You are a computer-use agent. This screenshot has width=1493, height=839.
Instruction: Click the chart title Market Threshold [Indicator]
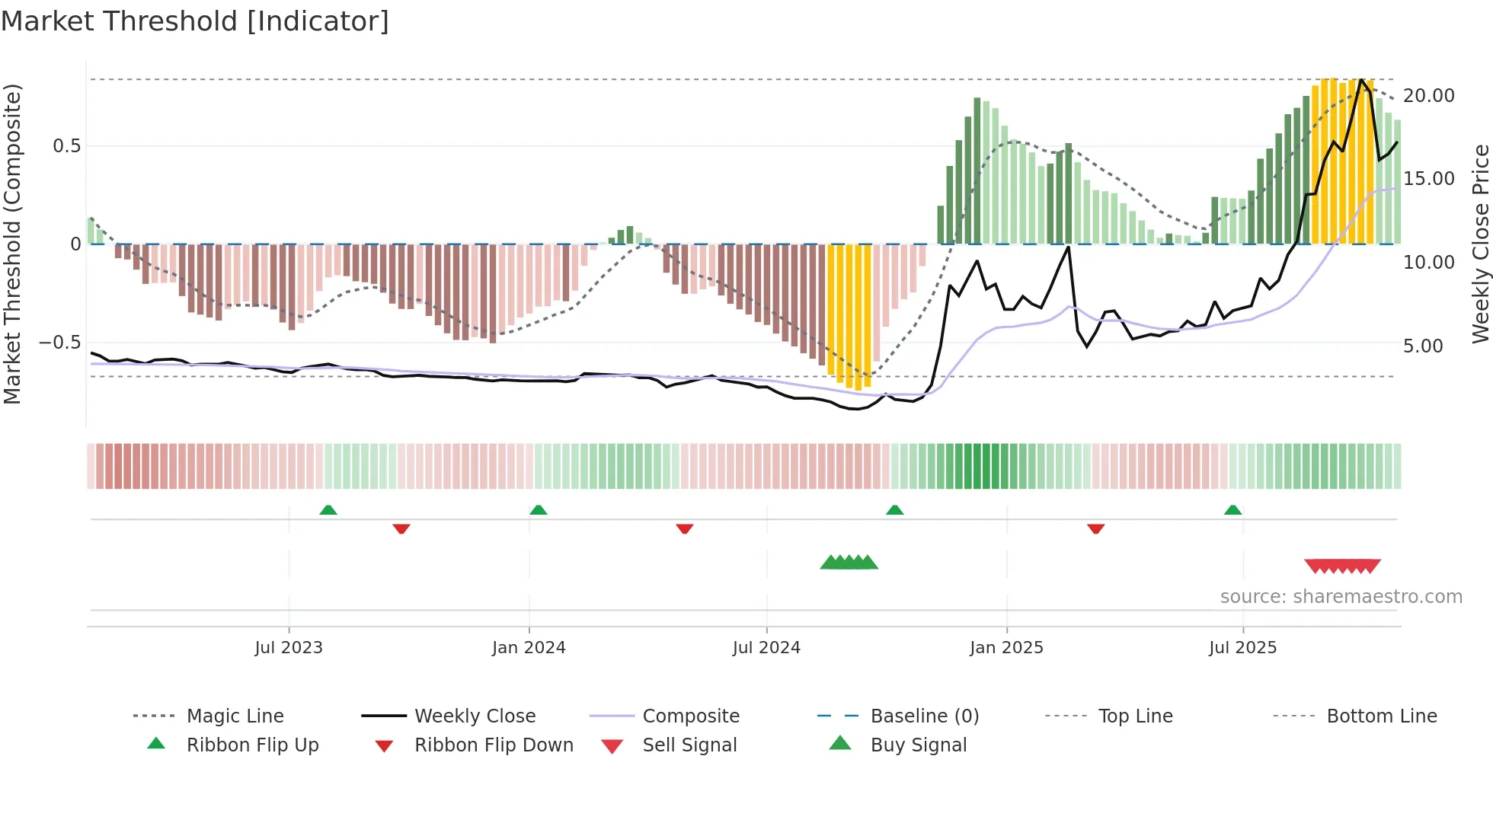(x=195, y=21)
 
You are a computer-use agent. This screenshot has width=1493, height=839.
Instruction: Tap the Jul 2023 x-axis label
(x=289, y=648)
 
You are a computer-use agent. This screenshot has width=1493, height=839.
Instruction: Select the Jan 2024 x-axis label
(x=529, y=648)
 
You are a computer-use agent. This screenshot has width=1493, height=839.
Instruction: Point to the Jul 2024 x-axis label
(x=766, y=648)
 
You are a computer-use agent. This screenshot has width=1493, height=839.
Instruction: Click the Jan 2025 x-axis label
(x=1006, y=648)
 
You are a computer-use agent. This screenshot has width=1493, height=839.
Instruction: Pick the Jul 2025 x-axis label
(x=1242, y=648)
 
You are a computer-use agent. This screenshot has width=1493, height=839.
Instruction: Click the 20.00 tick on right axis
(x=1428, y=96)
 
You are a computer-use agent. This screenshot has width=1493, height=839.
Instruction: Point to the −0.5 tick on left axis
(x=59, y=343)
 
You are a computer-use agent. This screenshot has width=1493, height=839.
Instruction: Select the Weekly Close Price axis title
(x=1480, y=244)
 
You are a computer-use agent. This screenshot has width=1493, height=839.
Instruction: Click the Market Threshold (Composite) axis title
(x=12, y=244)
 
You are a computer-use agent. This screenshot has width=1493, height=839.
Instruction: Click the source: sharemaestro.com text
(x=1341, y=597)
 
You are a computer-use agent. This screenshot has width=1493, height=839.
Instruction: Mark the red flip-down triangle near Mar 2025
(x=1095, y=528)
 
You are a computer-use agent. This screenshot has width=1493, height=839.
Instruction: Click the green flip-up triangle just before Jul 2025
(x=1232, y=510)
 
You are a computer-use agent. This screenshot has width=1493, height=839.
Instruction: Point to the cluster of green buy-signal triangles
(x=849, y=563)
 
